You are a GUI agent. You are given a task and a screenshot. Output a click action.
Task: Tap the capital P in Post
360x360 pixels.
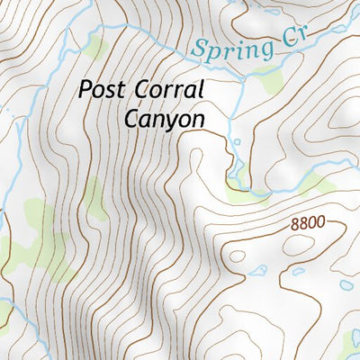(85, 90)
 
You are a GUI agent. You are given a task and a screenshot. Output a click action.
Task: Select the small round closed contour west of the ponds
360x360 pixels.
(238, 256)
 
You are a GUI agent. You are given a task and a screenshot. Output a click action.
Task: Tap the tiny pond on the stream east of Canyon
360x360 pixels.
(236, 141)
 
